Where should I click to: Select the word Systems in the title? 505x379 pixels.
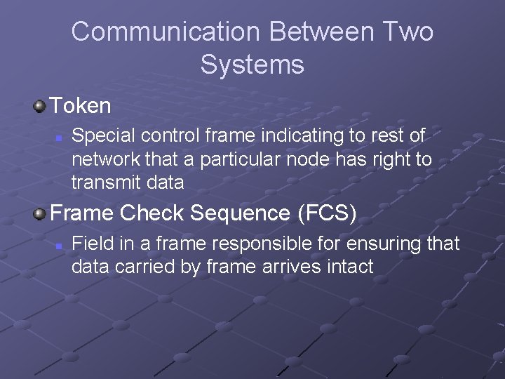pos(252,65)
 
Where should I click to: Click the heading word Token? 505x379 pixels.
pos(81,106)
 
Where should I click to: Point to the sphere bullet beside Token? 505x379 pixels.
pos(39,107)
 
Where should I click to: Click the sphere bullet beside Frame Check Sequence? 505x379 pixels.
pos(39,213)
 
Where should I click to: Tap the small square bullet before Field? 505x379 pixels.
pos(59,246)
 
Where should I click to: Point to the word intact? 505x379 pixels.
pos(349,267)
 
